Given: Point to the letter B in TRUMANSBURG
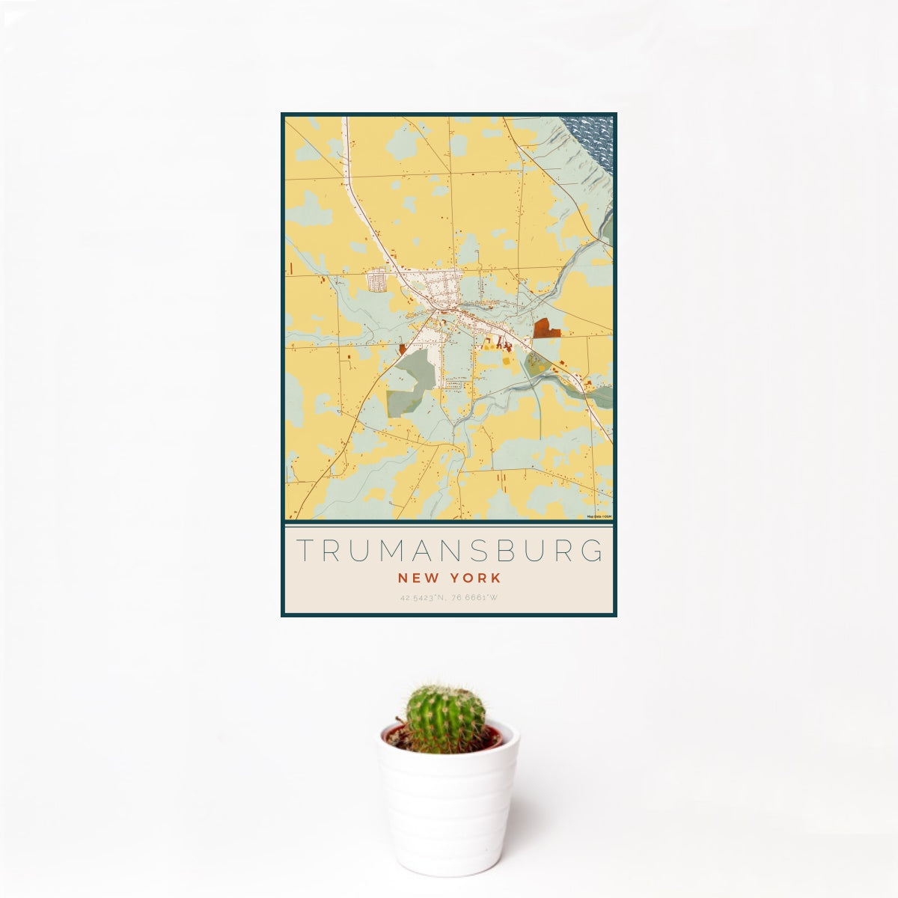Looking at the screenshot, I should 504,550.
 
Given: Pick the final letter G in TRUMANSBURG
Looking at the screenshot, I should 593,550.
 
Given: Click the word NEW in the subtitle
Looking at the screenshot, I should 414,578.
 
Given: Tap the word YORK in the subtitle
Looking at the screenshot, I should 476,578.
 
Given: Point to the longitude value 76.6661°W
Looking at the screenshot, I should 474,598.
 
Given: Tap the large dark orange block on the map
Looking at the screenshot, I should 546,329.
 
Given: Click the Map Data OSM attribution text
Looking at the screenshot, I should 599,516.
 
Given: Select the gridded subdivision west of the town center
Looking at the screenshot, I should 376,281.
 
